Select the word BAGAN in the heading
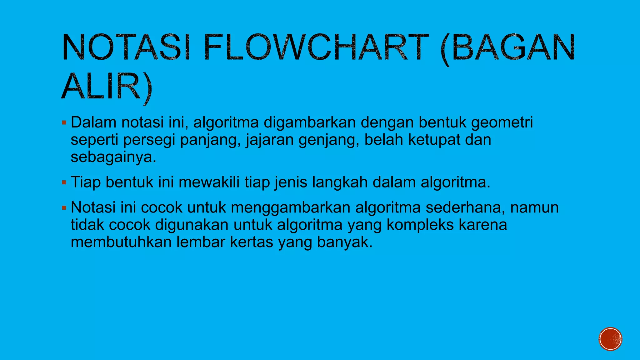tap(513, 47)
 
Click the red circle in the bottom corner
tap(610, 339)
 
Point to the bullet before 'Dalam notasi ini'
tap(64, 122)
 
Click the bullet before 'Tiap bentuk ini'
tap(64, 182)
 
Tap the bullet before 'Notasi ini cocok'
tap(64, 207)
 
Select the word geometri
tap(502, 123)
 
